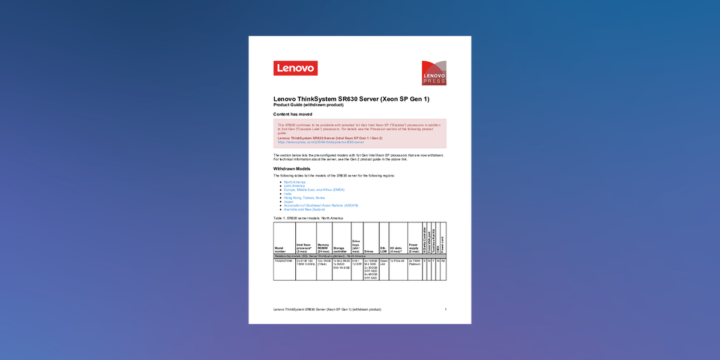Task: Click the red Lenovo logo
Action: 295,68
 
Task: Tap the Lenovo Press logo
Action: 434,73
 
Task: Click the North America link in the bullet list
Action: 295,182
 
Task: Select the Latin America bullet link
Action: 294,186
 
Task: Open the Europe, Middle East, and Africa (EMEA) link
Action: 314,190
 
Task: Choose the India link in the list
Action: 287,194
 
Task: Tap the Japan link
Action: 289,202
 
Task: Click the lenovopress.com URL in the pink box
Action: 321,142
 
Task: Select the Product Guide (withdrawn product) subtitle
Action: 308,105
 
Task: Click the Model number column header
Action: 280,249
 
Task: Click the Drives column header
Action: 370,251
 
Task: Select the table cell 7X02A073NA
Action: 284,261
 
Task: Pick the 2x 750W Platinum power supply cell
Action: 415,263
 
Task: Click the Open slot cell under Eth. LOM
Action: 383,263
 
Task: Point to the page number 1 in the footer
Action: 445,309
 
